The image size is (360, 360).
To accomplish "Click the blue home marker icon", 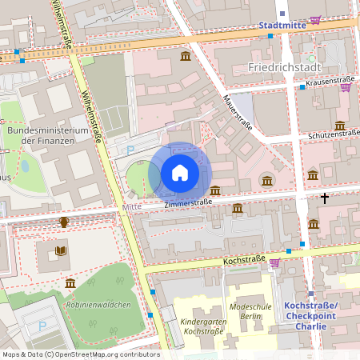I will tap(180, 173).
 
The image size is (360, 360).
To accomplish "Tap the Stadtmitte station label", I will tap(282, 26).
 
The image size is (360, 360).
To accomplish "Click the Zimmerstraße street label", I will tap(188, 203).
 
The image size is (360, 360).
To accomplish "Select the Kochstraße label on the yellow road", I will tap(244, 262).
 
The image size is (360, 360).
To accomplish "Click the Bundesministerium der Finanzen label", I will tap(46, 135).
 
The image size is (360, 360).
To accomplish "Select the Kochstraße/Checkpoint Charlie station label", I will tap(310, 316).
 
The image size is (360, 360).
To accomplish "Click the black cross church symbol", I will tap(325, 197).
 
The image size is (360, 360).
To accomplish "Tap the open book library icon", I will tap(61, 251).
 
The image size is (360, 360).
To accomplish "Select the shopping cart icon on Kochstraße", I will tap(274, 262).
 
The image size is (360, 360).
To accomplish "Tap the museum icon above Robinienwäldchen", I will tap(70, 284).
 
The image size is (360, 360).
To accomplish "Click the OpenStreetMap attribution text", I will tap(80, 354).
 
